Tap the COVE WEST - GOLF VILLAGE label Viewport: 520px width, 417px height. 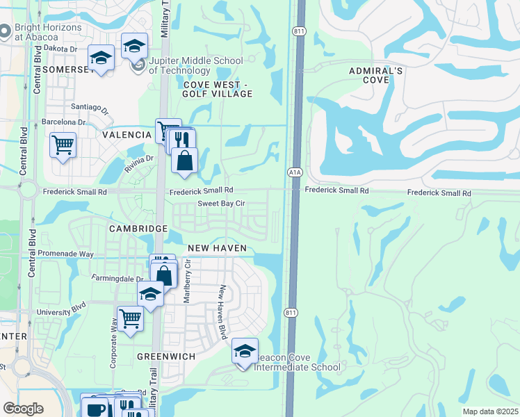tap(216, 89)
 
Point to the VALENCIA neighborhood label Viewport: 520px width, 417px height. tap(127, 135)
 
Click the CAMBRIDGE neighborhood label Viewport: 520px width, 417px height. tap(138, 229)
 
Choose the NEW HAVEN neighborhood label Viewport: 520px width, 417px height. tap(217, 248)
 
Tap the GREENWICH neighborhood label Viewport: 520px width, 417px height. tap(165, 356)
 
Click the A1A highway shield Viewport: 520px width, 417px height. tap(293, 172)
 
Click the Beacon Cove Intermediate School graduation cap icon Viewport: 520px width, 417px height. tap(245, 352)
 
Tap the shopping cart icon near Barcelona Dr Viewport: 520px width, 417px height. tap(63, 146)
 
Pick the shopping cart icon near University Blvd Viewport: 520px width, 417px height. tap(130, 320)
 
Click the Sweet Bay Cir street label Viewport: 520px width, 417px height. tap(221, 204)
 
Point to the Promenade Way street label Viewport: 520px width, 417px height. tap(65, 254)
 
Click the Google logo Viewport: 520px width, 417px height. tap(23, 409)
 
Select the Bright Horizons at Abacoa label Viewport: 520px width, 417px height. tap(49, 32)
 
